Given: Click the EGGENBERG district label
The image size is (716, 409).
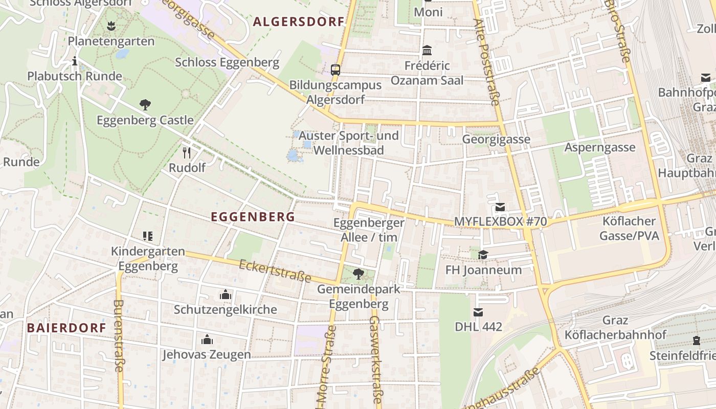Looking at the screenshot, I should pyautogui.click(x=253, y=217).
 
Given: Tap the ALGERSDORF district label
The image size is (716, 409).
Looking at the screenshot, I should pyautogui.click(x=299, y=22).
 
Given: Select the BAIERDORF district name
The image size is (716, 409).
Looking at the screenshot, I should pyautogui.click(x=66, y=328).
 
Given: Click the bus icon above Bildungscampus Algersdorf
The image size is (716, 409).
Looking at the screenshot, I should pyautogui.click(x=335, y=70).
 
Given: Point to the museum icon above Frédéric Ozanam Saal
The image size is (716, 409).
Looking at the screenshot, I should pyautogui.click(x=427, y=51).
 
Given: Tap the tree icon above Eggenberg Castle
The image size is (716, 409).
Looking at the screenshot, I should pyautogui.click(x=145, y=105).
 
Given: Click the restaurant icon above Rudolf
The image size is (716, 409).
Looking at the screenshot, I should pyautogui.click(x=187, y=152).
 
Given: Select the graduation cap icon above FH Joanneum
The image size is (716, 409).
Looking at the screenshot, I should pyautogui.click(x=483, y=255).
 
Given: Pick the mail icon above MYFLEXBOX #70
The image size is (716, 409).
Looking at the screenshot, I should pyautogui.click(x=500, y=207).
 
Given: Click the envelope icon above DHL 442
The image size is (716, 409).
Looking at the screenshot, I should pyautogui.click(x=478, y=311).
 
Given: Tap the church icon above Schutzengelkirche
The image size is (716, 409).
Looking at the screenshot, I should pyautogui.click(x=225, y=294).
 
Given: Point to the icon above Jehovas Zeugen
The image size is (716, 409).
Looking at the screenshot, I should pyautogui.click(x=207, y=339).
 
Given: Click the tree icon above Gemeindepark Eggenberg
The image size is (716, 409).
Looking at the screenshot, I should pyautogui.click(x=359, y=274).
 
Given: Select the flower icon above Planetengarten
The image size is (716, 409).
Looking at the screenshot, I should pyautogui.click(x=111, y=26).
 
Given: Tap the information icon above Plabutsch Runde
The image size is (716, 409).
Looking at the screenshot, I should pyautogui.click(x=75, y=61).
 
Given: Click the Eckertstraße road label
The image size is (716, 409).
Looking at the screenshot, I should pyautogui.click(x=275, y=271).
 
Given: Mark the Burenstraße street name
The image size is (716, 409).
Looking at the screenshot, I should pyautogui.click(x=118, y=335).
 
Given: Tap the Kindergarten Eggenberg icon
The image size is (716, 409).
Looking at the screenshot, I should pyautogui.click(x=148, y=236).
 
